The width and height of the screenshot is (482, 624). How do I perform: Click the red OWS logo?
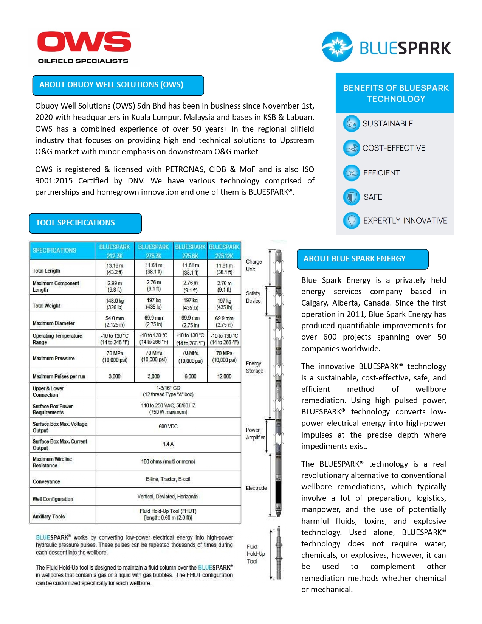click(x=84, y=42)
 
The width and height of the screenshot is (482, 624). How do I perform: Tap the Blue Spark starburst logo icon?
click(x=337, y=47)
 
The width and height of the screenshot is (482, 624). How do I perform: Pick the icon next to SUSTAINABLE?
click(x=351, y=124)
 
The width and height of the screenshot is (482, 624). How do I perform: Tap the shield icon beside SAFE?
click(x=351, y=197)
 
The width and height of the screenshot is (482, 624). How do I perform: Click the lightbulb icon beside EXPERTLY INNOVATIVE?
click(x=351, y=220)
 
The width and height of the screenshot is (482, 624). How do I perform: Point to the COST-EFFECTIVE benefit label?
click(x=394, y=148)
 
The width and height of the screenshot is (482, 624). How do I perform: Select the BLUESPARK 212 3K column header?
click(x=115, y=251)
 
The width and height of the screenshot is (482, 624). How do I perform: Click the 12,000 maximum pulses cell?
click(x=224, y=376)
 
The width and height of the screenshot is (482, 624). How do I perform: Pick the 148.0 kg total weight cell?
click(x=115, y=304)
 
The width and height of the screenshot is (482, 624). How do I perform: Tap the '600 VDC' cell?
click(x=168, y=427)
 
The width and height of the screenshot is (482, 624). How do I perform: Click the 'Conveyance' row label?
click(x=46, y=481)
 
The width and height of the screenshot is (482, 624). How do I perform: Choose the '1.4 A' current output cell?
click(x=168, y=444)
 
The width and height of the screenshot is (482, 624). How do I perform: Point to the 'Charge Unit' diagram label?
click(x=254, y=265)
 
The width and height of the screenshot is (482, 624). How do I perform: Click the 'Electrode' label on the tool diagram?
click(x=256, y=488)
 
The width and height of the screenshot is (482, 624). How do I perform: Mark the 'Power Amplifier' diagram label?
click(x=255, y=434)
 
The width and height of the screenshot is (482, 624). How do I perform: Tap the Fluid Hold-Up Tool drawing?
click(x=279, y=553)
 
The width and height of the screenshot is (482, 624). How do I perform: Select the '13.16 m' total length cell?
click(x=115, y=269)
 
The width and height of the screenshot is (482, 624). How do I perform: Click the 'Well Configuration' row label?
click(x=53, y=499)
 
